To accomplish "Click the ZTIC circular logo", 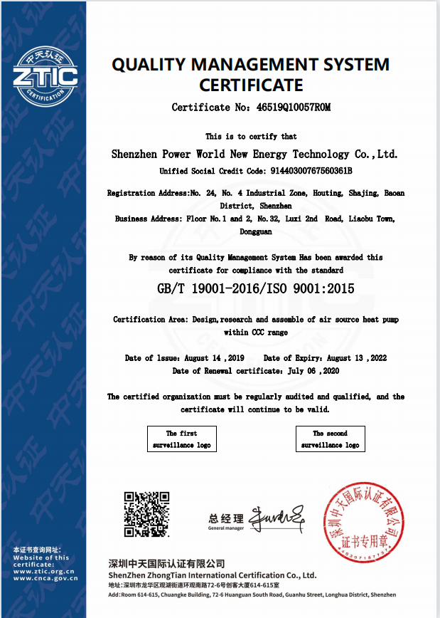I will coord(44,74).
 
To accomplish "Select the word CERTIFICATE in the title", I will coord(251,85).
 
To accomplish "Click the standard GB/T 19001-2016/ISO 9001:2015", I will coord(255,288).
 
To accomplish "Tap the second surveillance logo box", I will coord(330,439).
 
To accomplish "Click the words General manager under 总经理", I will coord(225,528).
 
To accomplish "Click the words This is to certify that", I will coord(251,136).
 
